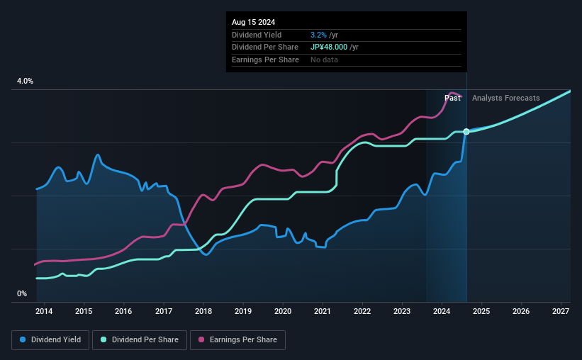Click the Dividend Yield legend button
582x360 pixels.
click(x=50, y=340)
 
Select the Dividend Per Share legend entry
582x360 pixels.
click(x=144, y=340)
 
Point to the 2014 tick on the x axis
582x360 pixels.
click(x=44, y=311)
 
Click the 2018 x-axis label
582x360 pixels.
click(x=203, y=311)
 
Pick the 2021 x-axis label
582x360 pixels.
click(x=323, y=311)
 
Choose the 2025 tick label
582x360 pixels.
click(x=481, y=311)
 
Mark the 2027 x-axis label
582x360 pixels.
click(x=561, y=311)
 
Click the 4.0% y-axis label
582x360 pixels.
click(x=26, y=81)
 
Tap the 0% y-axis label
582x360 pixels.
click(x=22, y=293)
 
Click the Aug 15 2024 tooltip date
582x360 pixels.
click(x=254, y=21)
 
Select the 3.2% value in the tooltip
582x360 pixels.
click(x=318, y=35)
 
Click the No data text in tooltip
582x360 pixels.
click(x=324, y=60)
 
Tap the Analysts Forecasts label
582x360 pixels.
click(x=505, y=98)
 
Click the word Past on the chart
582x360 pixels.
click(x=452, y=98)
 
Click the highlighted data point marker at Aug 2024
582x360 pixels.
click(x=466, y=132)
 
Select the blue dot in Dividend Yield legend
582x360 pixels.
click(x=23, y=340)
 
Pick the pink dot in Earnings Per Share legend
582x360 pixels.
click(x=201, y=340)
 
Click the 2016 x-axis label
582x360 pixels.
click(x=123, y=311)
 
